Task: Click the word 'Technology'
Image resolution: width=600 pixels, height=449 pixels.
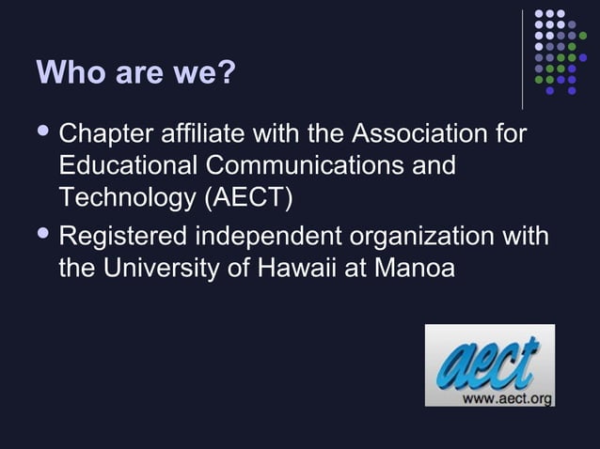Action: (123, 198)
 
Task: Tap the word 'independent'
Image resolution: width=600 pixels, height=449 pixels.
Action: (274, 236)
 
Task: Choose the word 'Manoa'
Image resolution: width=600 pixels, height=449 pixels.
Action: (415, 268)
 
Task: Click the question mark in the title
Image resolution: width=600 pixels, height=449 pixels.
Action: (226, 72)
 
